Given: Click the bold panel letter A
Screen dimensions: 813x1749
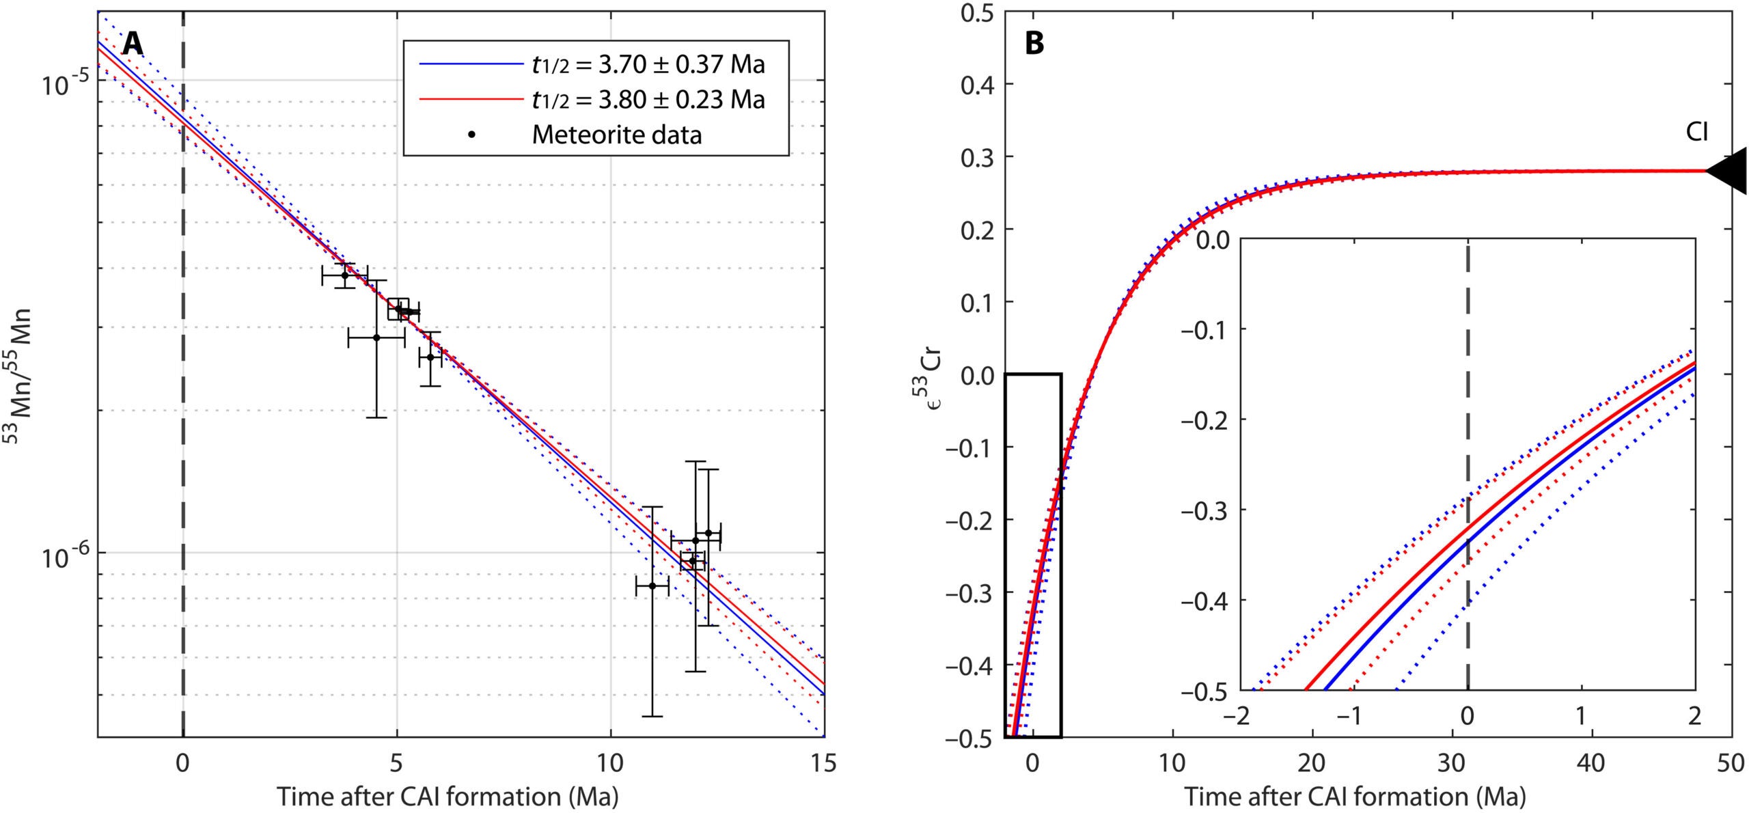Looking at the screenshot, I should pyautogui.click(x=133, y=44).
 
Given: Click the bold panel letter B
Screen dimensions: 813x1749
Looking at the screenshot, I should pyautogui.click(x=1034, y=44).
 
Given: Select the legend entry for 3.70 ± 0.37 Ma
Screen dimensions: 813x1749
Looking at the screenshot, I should pyautogui.click(x=648, y=64).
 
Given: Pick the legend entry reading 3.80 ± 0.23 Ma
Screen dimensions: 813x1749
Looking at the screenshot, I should pyautogui.click(x=648, y=100).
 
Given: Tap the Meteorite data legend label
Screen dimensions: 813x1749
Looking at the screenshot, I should pyautogui.click(x=616, y=135).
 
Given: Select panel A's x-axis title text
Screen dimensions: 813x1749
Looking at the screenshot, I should pyautogui.click(x=447, y=797).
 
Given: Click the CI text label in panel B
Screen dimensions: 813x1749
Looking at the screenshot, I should pyautogui.click(x=1697, y=132).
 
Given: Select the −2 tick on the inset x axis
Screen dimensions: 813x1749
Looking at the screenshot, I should pyautogui.click(x=1237, y=715).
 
